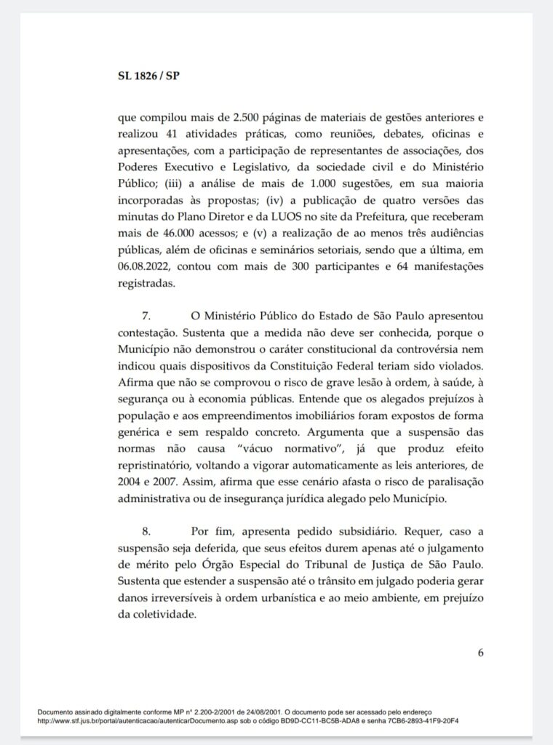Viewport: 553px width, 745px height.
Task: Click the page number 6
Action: (x=481, y=652)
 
